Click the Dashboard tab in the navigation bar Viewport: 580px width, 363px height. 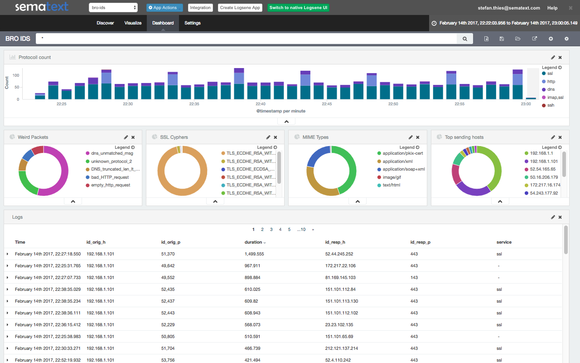[163, 23]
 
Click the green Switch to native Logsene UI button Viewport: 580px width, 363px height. [298, 8]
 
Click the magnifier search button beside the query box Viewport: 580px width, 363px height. [464, 39]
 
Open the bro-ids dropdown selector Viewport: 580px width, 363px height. [113, 8]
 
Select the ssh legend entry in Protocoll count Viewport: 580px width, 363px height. [551, 105]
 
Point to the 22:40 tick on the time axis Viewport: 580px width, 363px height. [261, 104]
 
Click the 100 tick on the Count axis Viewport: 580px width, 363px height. [16, 75]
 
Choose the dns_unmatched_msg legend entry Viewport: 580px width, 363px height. [111, 153]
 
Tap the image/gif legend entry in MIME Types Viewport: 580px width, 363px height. [392, 177]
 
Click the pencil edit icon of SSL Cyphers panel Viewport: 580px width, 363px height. [268, 137]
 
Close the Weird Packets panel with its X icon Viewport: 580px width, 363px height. [133, 137]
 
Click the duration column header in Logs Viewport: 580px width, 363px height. [253, 242]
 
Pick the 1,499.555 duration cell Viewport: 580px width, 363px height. [254, 254]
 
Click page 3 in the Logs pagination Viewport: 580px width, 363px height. [271, 230]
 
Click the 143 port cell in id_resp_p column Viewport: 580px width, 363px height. [414, 278]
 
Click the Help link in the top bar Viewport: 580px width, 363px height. [552, 8]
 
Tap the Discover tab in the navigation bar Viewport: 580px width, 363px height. [105, 23]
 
